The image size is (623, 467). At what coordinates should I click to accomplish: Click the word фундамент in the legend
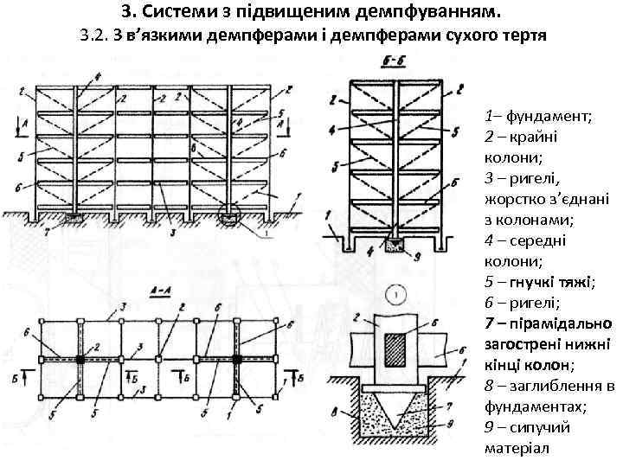tap(545, 115)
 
